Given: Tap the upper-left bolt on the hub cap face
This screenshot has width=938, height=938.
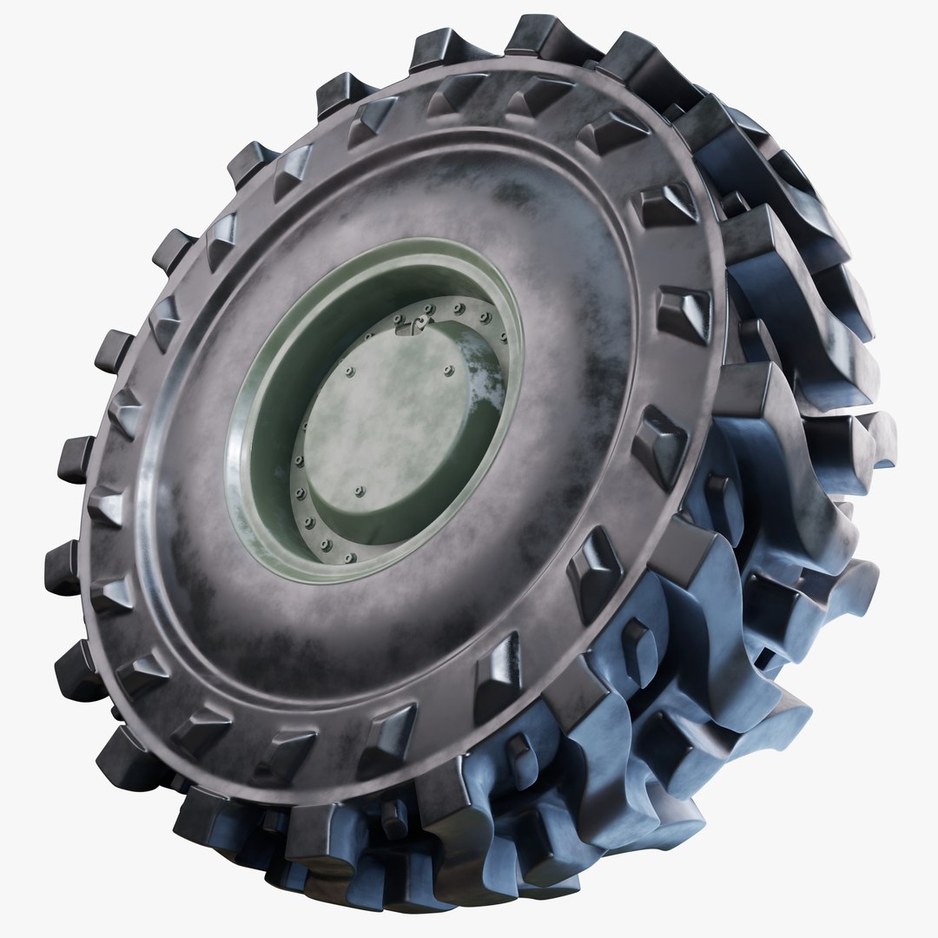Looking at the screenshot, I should pyautogui.click(x=350, y=373).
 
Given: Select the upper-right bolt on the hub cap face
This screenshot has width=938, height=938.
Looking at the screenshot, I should pyautogui.click(x=449, y=371).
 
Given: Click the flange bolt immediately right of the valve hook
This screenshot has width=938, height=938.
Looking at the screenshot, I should pyautogui.click(x=429, y=308).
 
